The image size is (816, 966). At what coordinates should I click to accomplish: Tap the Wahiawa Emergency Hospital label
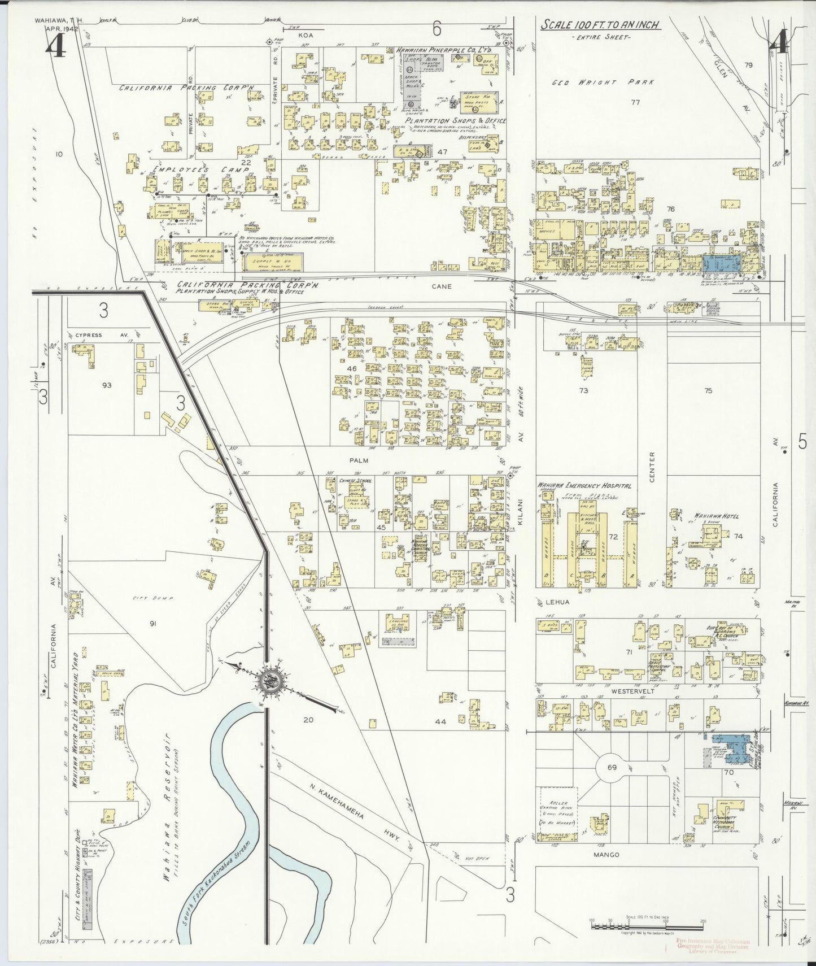pyautogui.click(x=583, y=485)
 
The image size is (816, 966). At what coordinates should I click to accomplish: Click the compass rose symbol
pyautogui.click(x=267, y=682)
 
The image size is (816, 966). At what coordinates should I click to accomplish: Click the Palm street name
pyautogui.click(x=359, y=460)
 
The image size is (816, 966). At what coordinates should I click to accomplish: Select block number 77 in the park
pyautogui.click(x=635, y=102)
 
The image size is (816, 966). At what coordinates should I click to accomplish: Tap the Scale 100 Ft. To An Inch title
pyautogui.click(x=601, y=25)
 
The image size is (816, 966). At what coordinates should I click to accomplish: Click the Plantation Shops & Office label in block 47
pyautogui.click(x=455, y=121)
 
